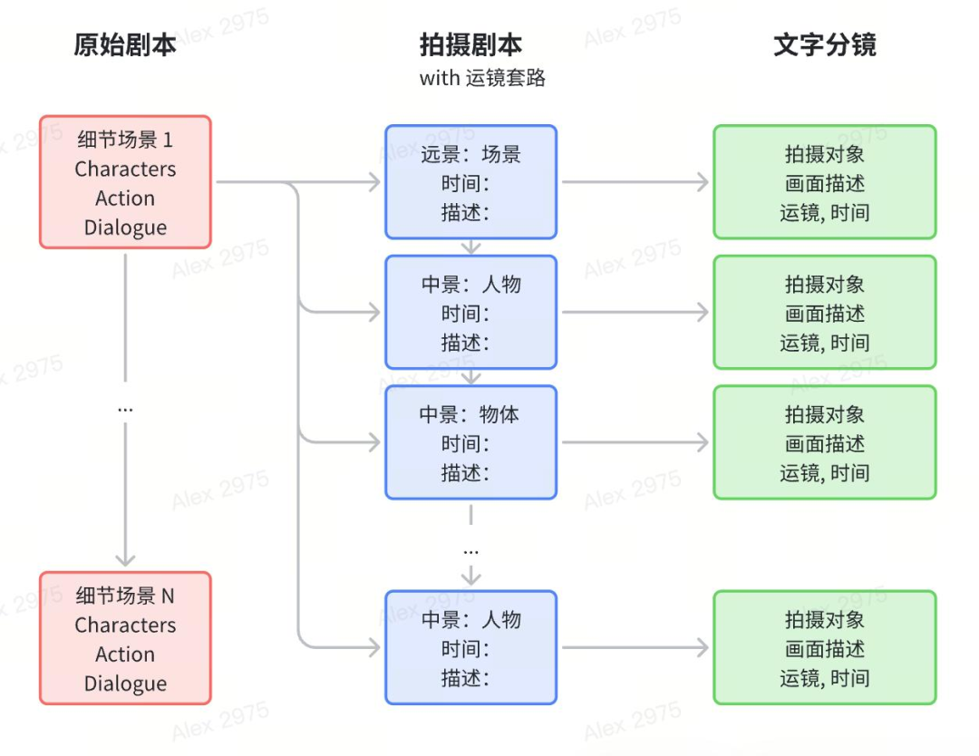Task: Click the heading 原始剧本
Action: pyautogui.click(x=125, y=44)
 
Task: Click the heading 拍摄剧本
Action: pyautogui.click(x=470, y=44)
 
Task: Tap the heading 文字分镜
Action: pyautogui.click(x=824, y=44)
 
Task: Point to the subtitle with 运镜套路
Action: pyautogui.click(x=482, y=78)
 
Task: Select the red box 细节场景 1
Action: pyautogui.click(x=125, y=182)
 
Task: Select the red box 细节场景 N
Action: pyautogui.click(x=125, y=638)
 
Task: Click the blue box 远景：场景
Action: pyautogui.click(x=470, y=182)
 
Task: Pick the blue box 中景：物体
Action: pyautogui.click(x=470, y=442)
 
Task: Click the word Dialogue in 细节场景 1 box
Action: pyautogui.click(x=125, y=228)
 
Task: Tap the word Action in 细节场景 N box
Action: pyautogui.click(x=125, y=654)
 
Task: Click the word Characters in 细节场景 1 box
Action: pyautogui.click(x=125, y=169)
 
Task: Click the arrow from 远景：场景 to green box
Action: pyautogui.click(x=635, y=182)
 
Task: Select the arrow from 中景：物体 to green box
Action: pyautogui.click(x=635, y=442)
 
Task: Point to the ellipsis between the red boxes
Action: pyautogui.click(x=125, y=409)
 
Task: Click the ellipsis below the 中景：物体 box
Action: pyautogui.click(x=470, y=550)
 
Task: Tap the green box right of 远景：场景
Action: pyautogui.click(x=824, y=182)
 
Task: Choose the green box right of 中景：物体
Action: pyautogui.click(x=824, y=442)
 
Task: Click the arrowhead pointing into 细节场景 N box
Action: pyautogui.click(x=125, y=558)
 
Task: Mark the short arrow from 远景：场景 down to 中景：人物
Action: pyautogui.click(x=470, y=247)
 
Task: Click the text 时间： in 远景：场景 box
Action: pyautogui.click(x=465, y=184)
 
